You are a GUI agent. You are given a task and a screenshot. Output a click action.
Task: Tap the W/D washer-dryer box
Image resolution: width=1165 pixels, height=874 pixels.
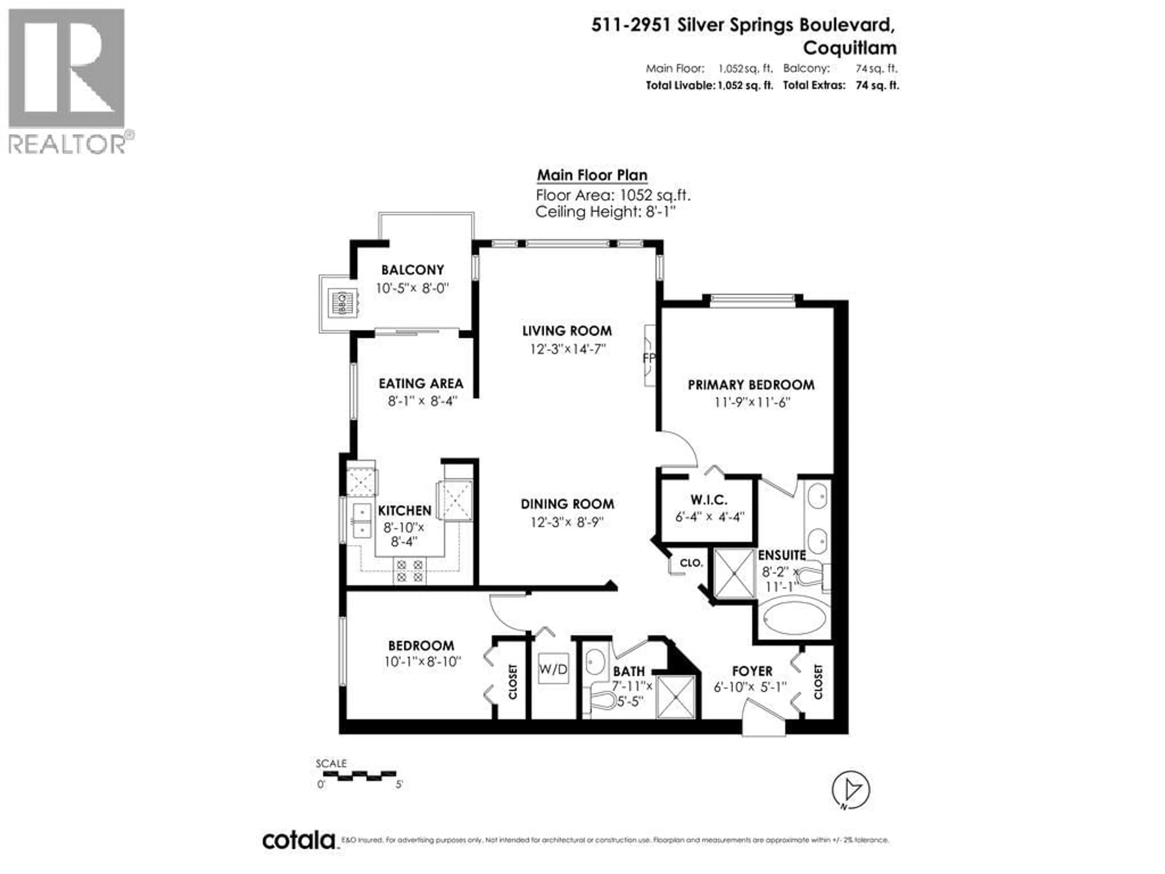[x=553, y=669]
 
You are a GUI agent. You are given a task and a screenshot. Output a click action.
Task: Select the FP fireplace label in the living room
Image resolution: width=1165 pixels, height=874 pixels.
[x=649, y=358]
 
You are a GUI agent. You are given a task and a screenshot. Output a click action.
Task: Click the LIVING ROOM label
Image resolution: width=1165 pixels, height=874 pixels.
[x=567, y=331]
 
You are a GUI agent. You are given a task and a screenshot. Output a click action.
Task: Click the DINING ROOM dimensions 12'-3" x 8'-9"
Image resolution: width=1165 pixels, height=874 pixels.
[x=567, y=522]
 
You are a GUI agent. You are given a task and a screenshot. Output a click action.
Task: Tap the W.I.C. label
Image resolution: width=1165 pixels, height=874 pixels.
[x=709, y=500]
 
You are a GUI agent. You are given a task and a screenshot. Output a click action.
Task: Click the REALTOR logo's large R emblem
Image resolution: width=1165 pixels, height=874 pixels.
[x=66, y=69]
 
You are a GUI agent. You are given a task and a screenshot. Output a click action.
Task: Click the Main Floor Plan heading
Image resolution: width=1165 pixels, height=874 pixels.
[x=592, y=175]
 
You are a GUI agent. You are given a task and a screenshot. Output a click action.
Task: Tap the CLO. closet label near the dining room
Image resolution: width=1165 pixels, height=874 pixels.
[x=691, y=563]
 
